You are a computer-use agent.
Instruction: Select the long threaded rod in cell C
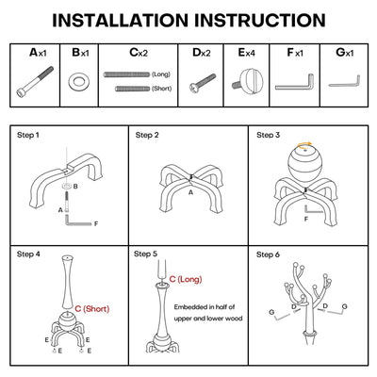[x=127, y=74]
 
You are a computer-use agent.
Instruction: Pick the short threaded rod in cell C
[x=133, y=89]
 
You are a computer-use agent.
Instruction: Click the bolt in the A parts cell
[x=35, y=82]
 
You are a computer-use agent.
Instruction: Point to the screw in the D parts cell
[x=203, y=83]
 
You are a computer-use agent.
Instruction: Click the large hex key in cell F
[x=295, y=82]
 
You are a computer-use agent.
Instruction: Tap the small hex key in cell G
[x=345, y=81]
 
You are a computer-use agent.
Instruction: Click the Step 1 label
[x=28, y=136]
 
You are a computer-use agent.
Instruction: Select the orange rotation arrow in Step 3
[x=305, y=144]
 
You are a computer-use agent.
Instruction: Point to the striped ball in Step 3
[x=305, y=163]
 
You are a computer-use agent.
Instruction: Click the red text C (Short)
[x=92, y=309]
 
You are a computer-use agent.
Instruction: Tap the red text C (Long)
[x=186, y=279]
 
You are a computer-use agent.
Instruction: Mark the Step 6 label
[x=268, y=254]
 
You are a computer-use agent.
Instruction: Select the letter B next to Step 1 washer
[x=75, y=187]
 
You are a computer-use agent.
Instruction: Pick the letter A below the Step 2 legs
[x=190, y=192]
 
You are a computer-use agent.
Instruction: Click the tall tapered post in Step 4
[x=68, y=282]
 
